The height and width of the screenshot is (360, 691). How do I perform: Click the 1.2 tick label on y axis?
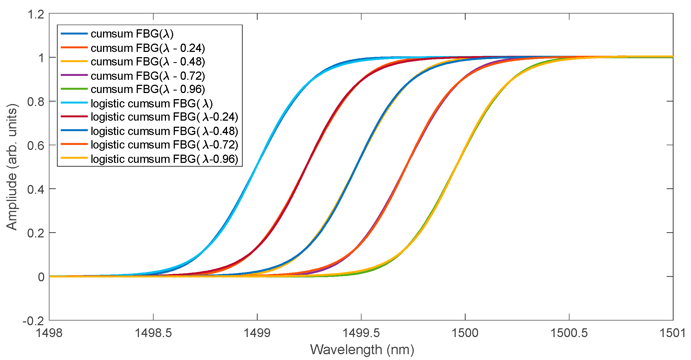coord(36,14)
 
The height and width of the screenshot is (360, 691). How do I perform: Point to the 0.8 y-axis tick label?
coord(36,102)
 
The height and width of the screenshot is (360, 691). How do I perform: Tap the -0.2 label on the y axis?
coord(33,321)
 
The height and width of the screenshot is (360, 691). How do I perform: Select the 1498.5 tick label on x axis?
coord(153,333)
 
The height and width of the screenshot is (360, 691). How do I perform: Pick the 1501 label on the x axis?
coord(672,333)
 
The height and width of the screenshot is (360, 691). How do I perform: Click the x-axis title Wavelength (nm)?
coord(362,350)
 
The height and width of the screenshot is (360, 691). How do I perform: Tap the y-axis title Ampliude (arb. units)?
coord(12,167)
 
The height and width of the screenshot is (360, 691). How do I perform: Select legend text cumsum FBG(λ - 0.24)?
coord(148,48)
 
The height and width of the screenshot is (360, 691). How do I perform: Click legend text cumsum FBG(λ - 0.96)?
coord(148,89)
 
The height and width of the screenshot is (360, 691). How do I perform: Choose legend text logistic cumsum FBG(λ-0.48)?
coord(164,131)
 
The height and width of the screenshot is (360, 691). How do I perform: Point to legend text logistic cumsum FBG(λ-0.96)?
coord(164,159)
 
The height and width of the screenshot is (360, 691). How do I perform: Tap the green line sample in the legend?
coord(74,89)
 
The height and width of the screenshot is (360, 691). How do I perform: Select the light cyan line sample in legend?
coord(74,103)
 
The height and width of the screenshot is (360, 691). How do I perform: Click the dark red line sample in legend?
coord(74,117)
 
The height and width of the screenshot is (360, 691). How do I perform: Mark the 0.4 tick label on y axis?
coord(36,189)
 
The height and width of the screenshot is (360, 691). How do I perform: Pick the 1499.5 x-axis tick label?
coord(361,333)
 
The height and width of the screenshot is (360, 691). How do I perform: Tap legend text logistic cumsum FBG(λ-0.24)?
coord(164,117)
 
